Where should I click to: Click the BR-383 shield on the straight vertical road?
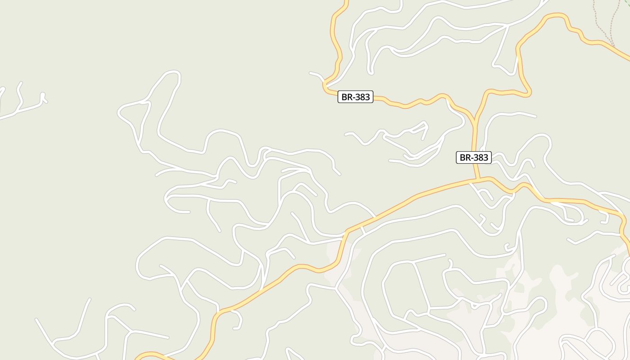coord(473,157)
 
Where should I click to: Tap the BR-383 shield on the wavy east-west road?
coord(355,97)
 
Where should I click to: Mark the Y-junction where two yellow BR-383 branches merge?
coord(474,121)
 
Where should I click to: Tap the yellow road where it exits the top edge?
coord(346,2)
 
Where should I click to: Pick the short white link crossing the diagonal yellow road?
coord(363,229)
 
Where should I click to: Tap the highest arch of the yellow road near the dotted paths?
coord(556,16)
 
